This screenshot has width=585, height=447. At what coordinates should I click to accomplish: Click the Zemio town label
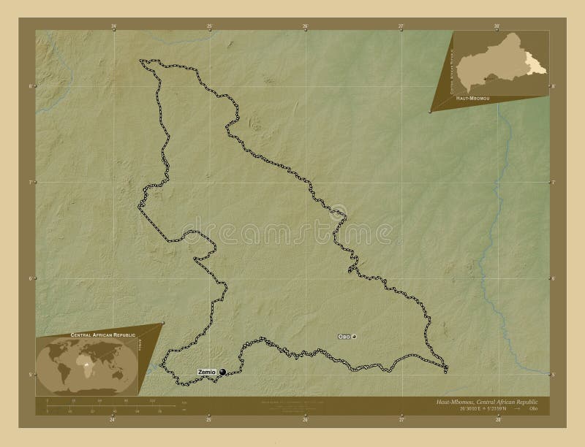208,372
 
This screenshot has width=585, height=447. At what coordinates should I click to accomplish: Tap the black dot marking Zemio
222,372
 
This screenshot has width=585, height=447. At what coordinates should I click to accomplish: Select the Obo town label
344,337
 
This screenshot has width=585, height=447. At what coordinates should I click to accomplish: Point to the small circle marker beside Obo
354,337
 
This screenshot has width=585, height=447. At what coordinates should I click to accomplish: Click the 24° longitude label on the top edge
113,26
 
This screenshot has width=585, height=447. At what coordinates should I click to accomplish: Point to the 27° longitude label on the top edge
401,26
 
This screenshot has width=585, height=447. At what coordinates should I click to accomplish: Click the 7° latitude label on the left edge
30,182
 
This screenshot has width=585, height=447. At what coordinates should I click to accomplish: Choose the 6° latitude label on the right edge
554,278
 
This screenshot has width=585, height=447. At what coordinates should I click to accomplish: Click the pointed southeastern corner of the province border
447,367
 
